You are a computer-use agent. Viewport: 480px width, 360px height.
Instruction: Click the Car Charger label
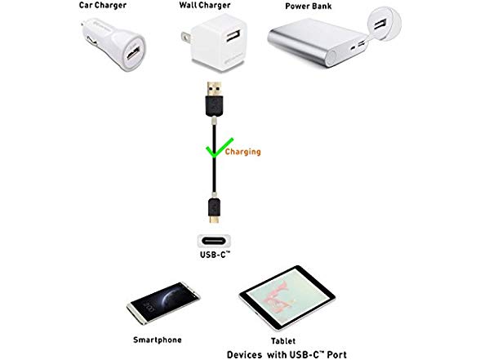pos(103,5)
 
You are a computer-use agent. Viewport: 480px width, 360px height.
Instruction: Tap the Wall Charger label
pos(205,5)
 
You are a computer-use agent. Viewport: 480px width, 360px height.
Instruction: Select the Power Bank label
pos(309,7)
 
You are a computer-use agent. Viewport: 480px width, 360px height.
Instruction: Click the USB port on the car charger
pos(133,53)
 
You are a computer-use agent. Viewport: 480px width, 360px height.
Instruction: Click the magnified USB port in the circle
pos(380,24)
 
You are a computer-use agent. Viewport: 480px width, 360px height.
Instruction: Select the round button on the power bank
pos(331,56)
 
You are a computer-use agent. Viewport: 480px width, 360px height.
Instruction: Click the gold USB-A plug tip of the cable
pos(214,89)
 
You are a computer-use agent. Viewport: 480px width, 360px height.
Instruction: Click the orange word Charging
pos(242,152)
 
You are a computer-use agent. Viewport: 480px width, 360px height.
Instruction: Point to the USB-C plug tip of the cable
pos(214,219)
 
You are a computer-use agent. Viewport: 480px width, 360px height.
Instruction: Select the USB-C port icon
pos(214,241)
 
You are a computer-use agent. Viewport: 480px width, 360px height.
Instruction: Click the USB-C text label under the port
pos(215,255)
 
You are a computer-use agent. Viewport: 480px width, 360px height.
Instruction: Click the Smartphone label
pos(158,340)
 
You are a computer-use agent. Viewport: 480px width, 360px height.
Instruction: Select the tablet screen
pos(287,296)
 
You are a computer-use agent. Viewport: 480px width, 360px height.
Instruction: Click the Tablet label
pos(283,340)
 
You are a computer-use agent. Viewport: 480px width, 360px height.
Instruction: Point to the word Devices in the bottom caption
pos(245,354)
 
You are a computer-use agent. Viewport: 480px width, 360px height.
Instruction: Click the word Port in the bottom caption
pos(337,354)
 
